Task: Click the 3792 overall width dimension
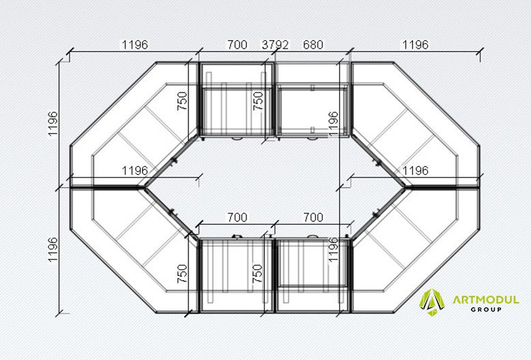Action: pos(275,45)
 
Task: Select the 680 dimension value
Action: pos(313,45)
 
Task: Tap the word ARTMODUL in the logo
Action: pos(486,300)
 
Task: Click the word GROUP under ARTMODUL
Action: pos(486,309)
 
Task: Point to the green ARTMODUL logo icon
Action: pos(432,302)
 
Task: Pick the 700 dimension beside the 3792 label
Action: pos(237,45)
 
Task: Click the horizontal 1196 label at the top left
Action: pos(134,45)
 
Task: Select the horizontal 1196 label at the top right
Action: pos(415,45)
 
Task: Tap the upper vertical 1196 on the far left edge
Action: pos(53,124)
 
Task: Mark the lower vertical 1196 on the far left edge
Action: pos(53,249)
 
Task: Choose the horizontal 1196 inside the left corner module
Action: pos(134,171)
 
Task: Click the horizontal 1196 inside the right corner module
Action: pos(415,171)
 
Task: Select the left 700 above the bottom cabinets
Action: pos(237,217)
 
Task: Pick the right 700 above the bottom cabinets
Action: pos(313,217)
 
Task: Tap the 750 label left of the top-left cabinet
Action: pos(182,100)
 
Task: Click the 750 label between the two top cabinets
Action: pos(258,100)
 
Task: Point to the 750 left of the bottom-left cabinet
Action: pos(182,273)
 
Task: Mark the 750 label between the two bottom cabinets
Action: pos(258,273)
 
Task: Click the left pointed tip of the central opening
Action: pos(145,186)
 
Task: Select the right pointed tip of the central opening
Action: pos(405,186)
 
